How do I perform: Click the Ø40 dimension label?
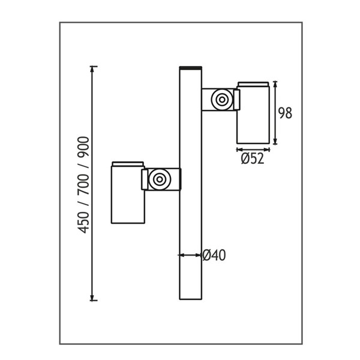214,255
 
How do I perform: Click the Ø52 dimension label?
253,158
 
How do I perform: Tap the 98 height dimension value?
285,113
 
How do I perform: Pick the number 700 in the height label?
83,185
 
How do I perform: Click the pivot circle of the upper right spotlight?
222,100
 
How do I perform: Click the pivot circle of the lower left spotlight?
160,179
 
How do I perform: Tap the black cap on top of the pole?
191,68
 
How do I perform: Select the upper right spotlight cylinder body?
253,115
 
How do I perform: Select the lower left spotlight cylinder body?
128,194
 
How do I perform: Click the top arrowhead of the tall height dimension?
92,69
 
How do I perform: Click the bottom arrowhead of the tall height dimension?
92,298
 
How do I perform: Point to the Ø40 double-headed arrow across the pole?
190,255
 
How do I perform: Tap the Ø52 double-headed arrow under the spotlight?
253,150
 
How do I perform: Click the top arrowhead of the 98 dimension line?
275,85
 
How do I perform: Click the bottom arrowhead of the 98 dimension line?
275,142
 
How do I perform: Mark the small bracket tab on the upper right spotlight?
237,100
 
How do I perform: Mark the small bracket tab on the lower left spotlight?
145,179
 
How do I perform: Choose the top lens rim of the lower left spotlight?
128,164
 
